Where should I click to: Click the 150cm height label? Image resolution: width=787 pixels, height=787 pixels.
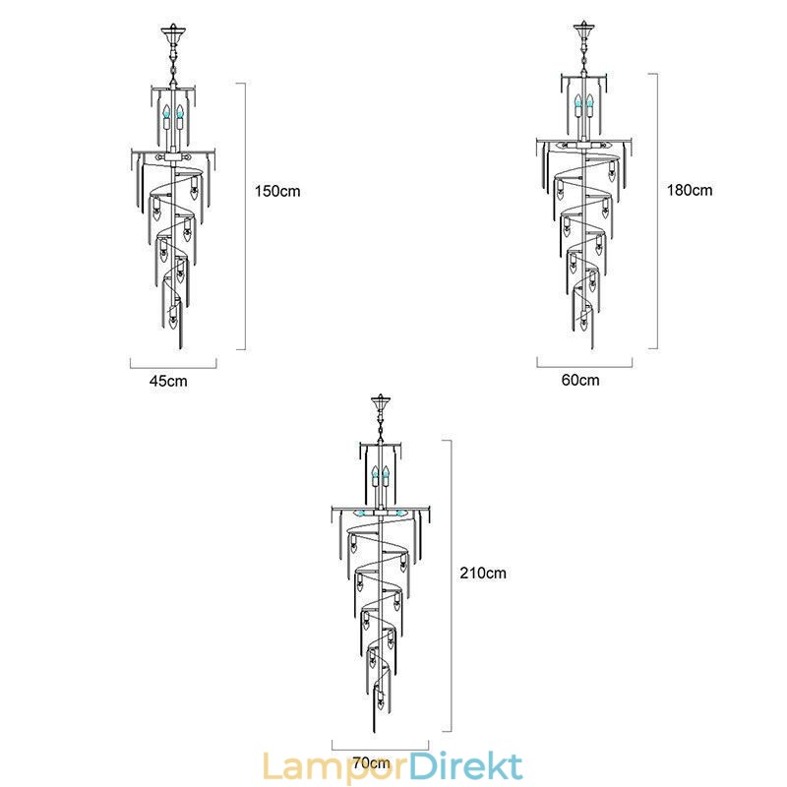(x=277, y=191)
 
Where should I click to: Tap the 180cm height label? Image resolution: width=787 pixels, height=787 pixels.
(x=690, y=190)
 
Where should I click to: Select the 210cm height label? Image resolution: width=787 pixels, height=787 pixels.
(x=483, y=573)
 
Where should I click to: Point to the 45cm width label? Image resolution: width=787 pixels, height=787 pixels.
(x=168, y=381)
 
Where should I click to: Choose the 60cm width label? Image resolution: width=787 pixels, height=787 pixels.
(x=580, y=380)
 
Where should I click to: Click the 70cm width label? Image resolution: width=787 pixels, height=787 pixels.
(x=372, y=763)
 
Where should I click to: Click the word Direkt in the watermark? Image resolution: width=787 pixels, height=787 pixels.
(x=466, y=766)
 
